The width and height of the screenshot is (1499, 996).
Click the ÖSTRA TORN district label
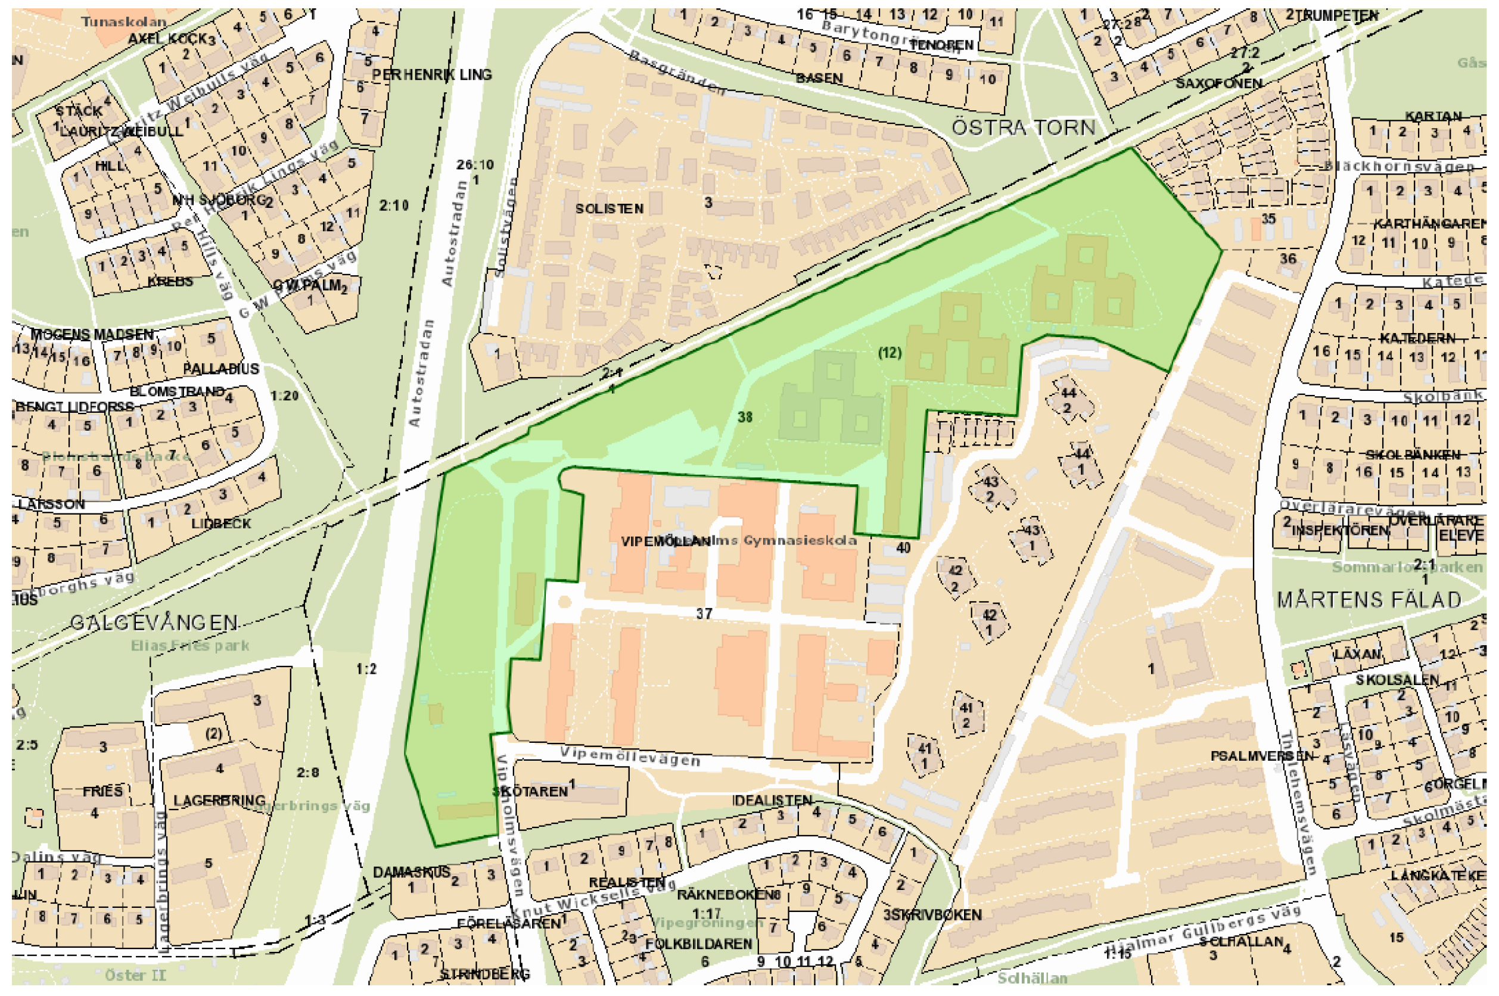click(x=1023, y=127)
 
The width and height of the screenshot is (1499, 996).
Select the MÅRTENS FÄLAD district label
click(x=1369, y=600)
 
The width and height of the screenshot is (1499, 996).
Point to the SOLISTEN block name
click(x=609, y=209)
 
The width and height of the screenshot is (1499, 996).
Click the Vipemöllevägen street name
click(x=630, y=756)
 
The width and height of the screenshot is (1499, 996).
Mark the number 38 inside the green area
click(x=745, y=418)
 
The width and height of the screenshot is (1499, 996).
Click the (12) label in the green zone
click(x=890, y=353)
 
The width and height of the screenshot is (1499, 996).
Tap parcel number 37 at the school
click(x=704, y=614)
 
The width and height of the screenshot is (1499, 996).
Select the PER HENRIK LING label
click(x=431, y=75)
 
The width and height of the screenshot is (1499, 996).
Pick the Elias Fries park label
click(x=190, y=646)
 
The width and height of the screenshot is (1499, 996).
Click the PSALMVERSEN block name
click(x=1261, y=757)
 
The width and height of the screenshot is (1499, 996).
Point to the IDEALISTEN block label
click(x=772, y=801)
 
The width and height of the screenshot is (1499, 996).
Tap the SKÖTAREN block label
click(x=531, y=792)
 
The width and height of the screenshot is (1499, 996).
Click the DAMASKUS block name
click(x=411, y=872)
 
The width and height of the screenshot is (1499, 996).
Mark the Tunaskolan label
click(x=123, y=22)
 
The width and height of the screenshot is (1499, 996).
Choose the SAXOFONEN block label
click(x=1218, y=84)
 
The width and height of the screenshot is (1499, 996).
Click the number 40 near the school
click(x=903, y=547)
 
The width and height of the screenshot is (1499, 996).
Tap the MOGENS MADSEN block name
click(x=92, y=334)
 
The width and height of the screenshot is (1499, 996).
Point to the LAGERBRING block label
click(x=219, y=801)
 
